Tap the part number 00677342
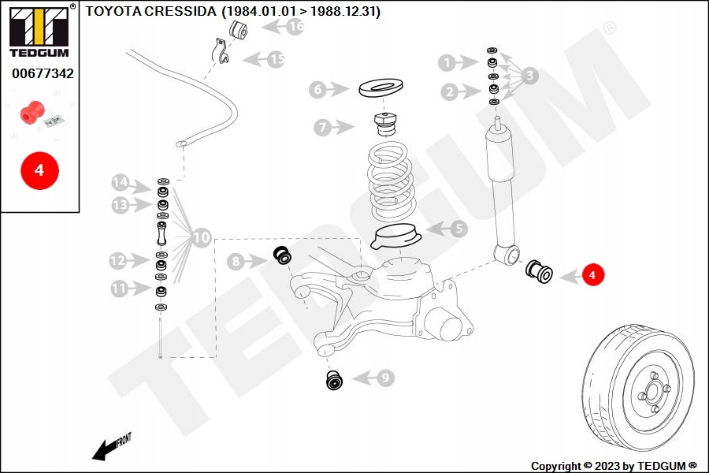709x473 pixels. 43,73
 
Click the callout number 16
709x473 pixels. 295,27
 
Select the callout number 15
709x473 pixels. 277,58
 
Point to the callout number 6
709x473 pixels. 317,90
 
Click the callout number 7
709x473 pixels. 321,126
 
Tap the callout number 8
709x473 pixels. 236,260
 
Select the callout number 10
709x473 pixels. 202,236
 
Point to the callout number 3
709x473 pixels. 530,76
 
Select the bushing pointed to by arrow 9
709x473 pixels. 336,380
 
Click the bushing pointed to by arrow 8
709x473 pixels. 282,256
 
